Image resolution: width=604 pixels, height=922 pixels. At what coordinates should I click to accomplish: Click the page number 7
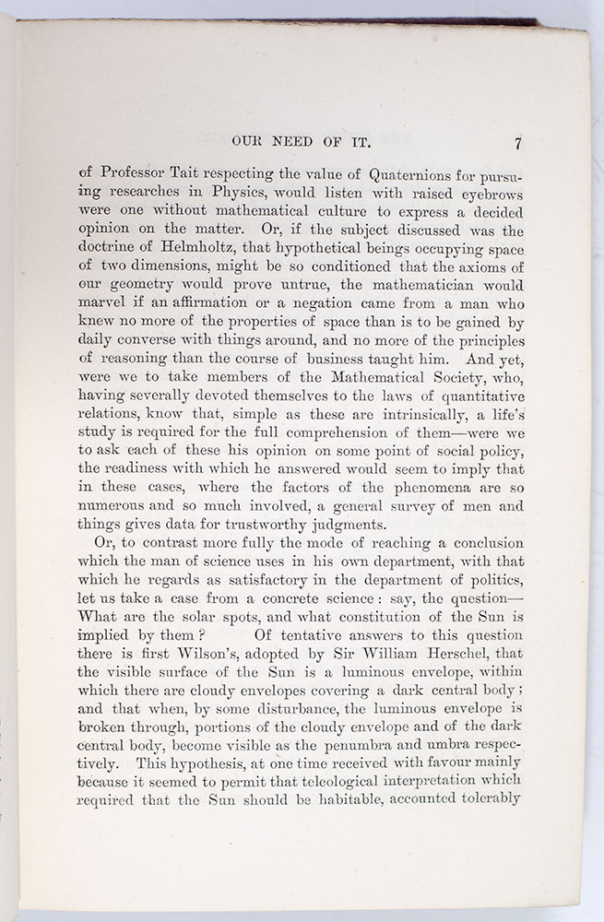pos(519,144)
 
